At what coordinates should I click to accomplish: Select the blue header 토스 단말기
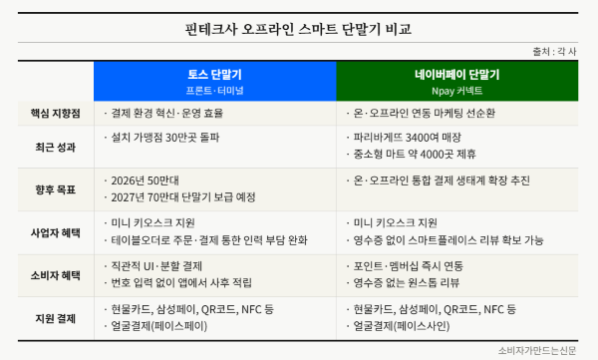tap(215, 75)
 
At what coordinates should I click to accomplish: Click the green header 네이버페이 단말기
tap(457, 75)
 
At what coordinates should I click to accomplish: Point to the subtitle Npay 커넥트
tap(457, 89)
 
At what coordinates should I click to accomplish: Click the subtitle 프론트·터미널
tap(215, 89)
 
